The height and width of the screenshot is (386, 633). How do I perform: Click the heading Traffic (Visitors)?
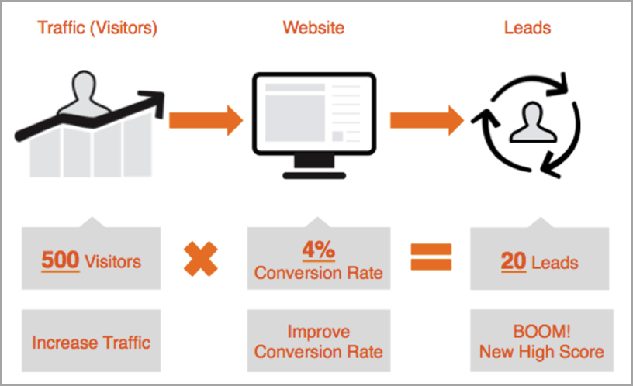point(98,29)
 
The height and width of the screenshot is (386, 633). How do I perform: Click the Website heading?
point(313,29)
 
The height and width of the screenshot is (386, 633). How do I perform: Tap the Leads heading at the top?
point(527,29)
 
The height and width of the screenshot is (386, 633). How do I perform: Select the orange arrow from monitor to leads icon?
point(426,119)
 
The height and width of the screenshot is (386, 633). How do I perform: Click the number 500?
point(61,260)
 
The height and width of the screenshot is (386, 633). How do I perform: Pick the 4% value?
point(319,250)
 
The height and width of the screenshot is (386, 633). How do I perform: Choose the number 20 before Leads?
point(514,261)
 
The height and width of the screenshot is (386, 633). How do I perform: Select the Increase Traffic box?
point(91,341)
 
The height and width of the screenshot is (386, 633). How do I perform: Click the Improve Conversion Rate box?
point(319,341)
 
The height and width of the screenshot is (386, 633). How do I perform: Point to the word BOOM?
point(541,332)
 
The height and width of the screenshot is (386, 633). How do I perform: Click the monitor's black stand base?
point(313,175)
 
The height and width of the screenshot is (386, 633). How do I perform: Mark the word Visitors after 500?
point(112,261)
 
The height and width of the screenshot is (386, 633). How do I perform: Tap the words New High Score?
point(541,352)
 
